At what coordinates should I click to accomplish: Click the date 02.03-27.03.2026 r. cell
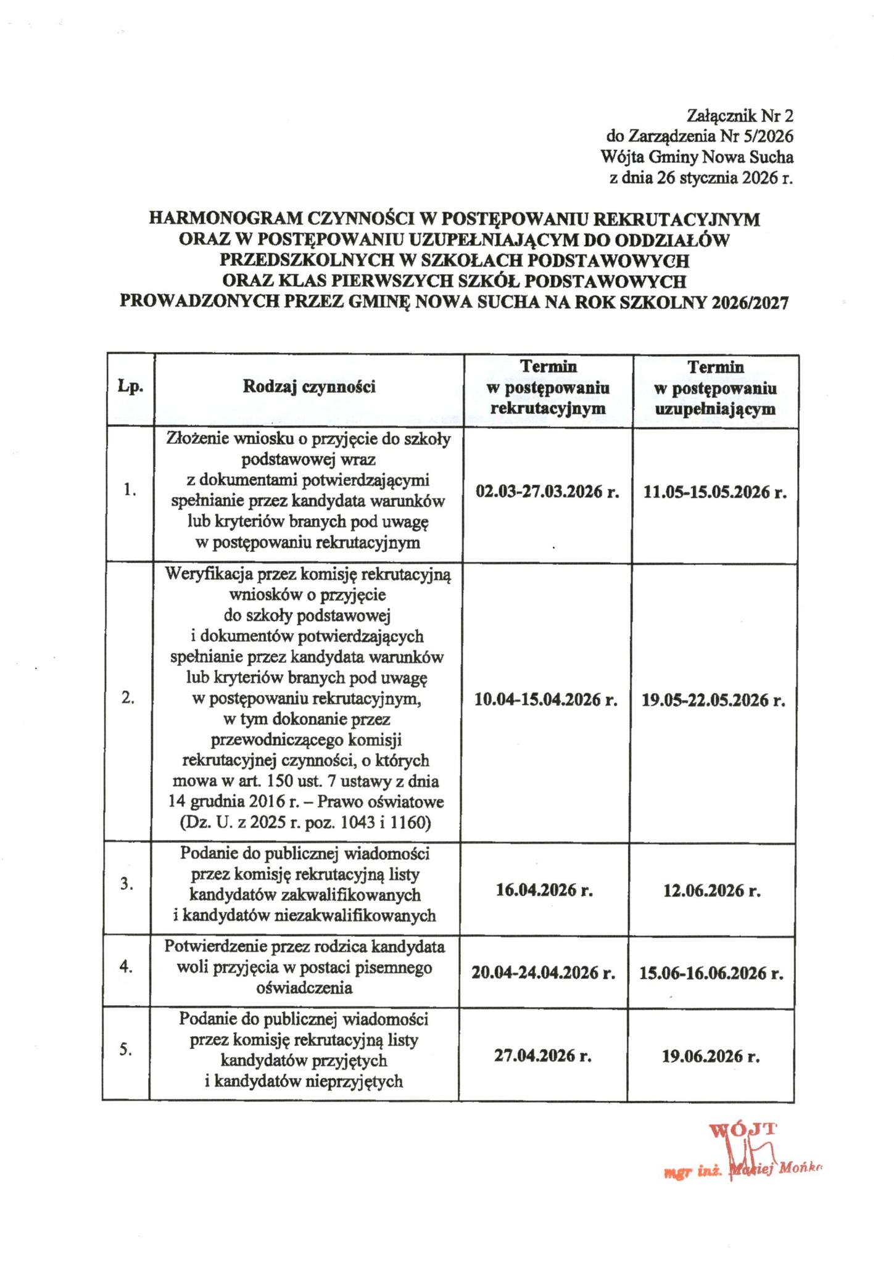tap(547, 492)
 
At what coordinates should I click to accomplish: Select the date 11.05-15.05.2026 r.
tap(714, 492)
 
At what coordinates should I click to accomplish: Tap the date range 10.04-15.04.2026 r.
tap(546, 700)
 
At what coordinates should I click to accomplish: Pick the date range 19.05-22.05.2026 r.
tap(713, 700)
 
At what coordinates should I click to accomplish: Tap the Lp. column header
tap(130, 387)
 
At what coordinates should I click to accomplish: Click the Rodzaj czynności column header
tap(309, 387)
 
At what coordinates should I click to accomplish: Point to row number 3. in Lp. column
tap(127, 883)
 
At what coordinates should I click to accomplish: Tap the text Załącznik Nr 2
tap(739, 115)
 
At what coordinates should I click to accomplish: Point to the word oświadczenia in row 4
tap(304, 988)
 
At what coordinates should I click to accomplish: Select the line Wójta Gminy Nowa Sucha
tap(697, 157)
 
